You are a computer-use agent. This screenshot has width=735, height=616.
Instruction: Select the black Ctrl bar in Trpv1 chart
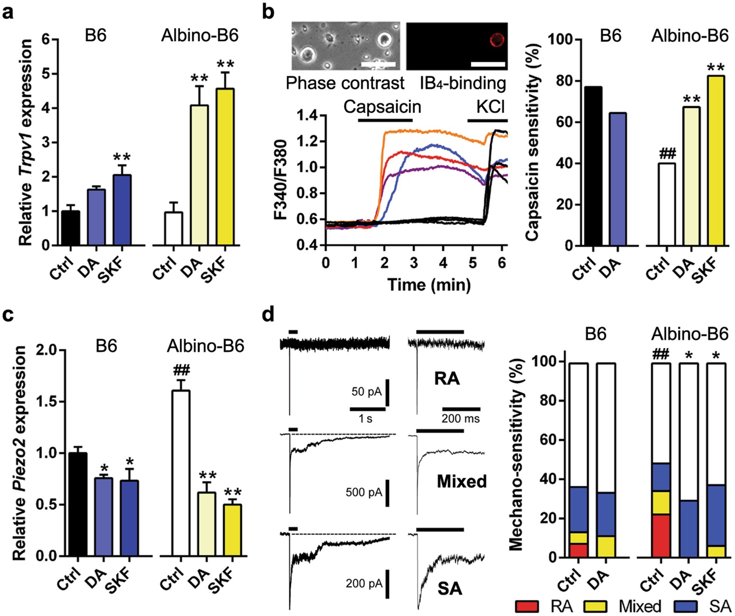[70, 228]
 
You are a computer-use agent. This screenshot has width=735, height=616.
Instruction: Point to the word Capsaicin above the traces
[382, 107]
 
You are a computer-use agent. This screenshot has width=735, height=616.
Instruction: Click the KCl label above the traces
[490, 107]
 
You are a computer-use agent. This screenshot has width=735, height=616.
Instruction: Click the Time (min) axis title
[428, 284]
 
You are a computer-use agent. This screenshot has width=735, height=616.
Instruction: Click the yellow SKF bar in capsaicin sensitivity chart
[715, 161]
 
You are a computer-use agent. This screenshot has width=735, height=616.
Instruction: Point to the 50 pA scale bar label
[366, 392]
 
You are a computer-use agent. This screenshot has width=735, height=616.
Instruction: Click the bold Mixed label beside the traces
[462, 481]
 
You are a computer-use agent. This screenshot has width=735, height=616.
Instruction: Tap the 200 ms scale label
[460, 418]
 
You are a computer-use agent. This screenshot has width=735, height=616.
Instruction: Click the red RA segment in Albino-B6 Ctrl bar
[660, 536]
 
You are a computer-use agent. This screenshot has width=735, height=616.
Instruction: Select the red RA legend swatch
[527, 606]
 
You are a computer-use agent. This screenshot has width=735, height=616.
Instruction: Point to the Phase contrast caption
[345, 83]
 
